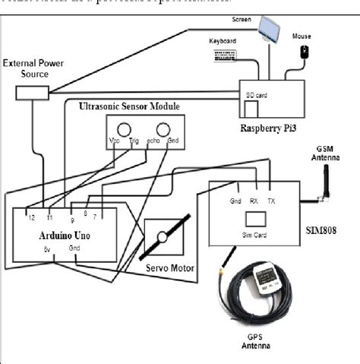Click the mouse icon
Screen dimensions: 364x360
pyautogui.click(x=305, y=52)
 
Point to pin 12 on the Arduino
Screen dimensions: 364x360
pyautogui.click(x=29, y=216)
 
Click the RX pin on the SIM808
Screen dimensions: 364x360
pyautogui.click(x=256, y=201)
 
